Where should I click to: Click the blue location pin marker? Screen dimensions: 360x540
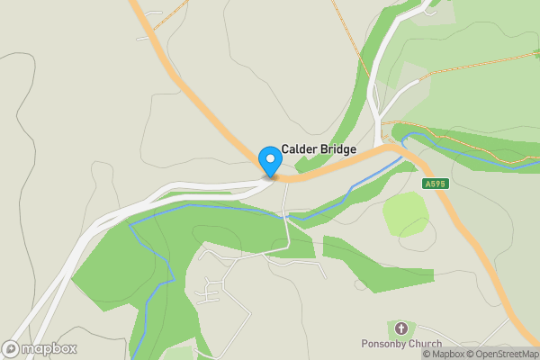(270, 161)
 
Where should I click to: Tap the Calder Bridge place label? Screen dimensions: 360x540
(319, 149)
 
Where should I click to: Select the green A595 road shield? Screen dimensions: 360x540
(435, 184)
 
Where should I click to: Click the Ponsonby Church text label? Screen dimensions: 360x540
(400, 345)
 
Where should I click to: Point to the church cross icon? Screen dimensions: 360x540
(400, 328)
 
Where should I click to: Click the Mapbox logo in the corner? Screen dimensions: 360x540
(40, 348)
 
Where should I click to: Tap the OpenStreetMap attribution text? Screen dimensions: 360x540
(501, 354)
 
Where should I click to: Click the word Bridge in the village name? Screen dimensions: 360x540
(337, 149)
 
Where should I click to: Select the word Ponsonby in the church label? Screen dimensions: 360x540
(384, 345)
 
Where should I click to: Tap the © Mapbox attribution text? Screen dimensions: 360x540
(442, 354)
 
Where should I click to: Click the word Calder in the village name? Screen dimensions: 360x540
(299, 149)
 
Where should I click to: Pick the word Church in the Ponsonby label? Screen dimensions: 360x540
(424, 345)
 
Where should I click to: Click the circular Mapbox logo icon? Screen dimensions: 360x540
(12, 348)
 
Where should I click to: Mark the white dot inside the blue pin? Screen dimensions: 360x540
(270, 157)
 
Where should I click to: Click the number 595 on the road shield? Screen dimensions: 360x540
(437, 184)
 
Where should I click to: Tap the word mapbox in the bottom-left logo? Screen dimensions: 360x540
(49, 348)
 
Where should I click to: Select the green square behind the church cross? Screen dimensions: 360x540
(400, 328)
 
